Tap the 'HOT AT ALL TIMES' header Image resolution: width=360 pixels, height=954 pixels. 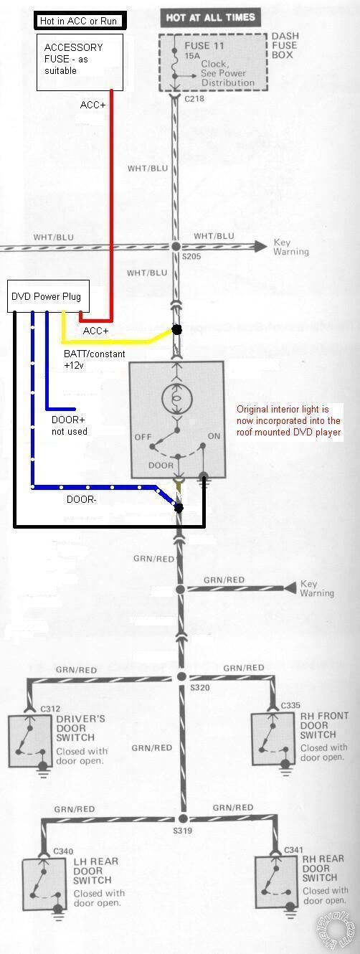pos(211,17)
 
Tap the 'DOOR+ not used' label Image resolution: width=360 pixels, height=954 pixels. pos(70,425)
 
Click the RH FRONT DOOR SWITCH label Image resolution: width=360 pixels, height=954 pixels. pos(324,725)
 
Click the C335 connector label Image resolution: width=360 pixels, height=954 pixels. pos(291,706)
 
